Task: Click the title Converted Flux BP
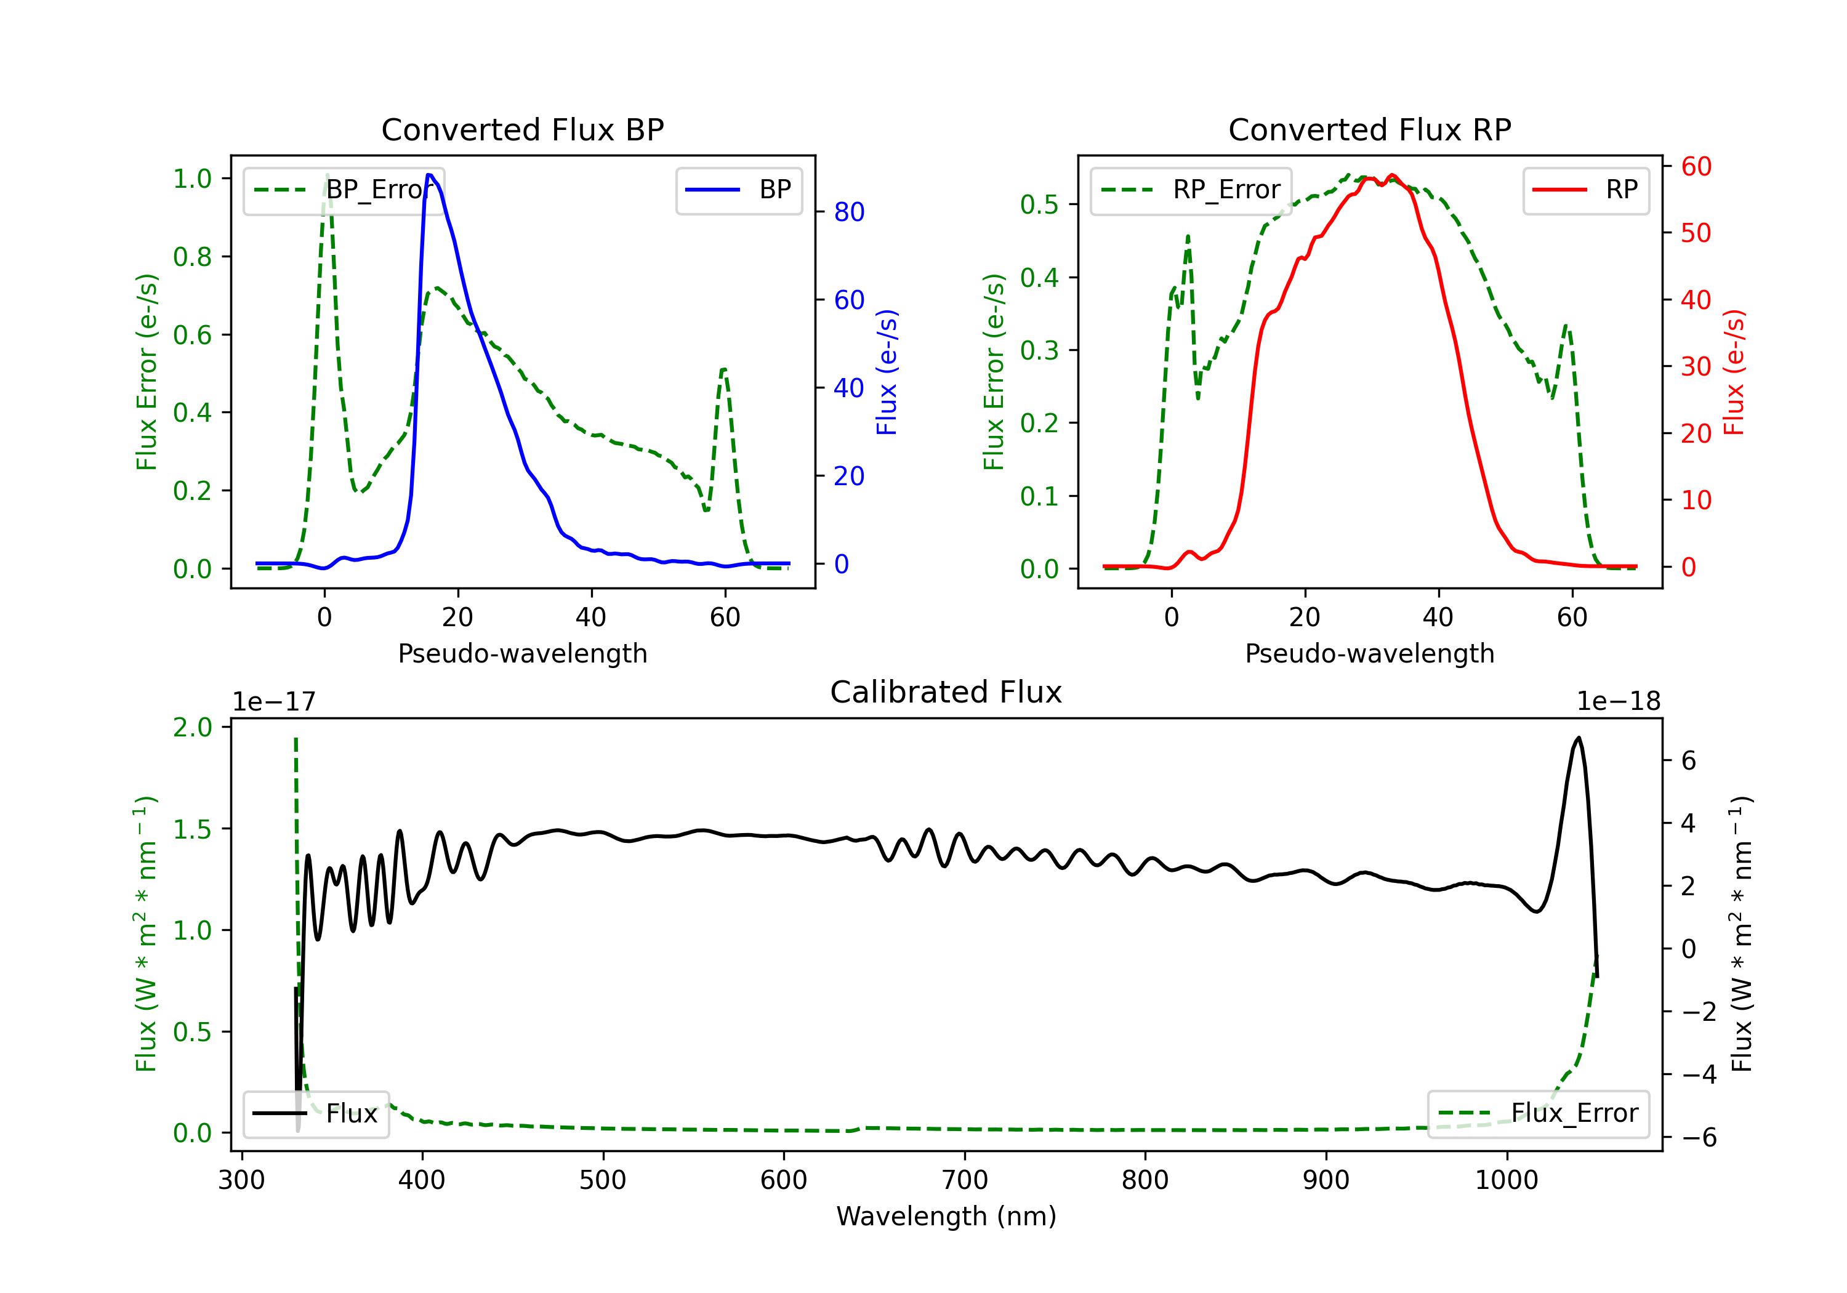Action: pos(522,129)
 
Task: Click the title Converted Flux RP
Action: pos(1369,129)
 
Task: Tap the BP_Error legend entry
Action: pos(344,190)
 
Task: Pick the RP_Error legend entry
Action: pos(1191,190)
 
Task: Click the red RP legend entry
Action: pos(1587,190)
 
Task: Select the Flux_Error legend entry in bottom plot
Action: pos(1538,1114)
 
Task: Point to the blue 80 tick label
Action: pos(848,212)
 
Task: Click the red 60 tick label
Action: pos(1696,167)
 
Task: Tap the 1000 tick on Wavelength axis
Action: pos(1506,1180)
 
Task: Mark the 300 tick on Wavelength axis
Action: pos(241,1180)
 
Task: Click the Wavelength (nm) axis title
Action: pos(946,1216)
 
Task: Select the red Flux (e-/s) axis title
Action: pos(1734,372)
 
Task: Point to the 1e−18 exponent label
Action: pos(1618,702)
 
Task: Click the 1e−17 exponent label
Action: pos(275,702)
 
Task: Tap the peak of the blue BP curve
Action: pos(430,175)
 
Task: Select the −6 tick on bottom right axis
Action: pos(1698,1137)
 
